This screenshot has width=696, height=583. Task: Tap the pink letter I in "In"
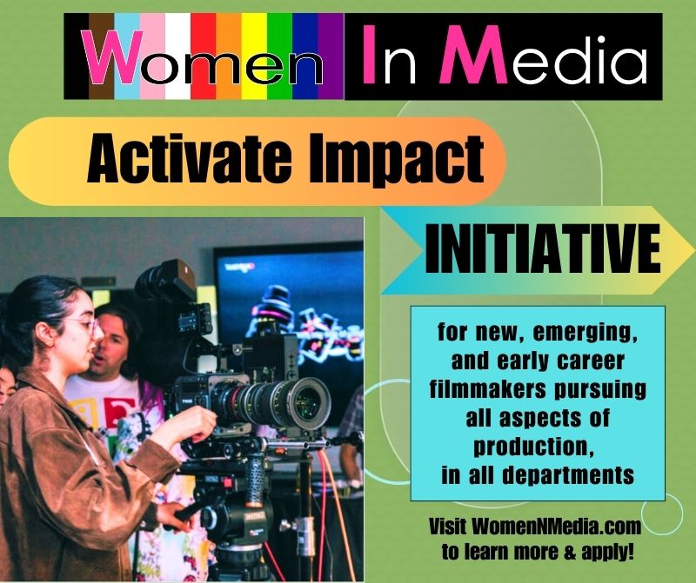[x=371, y=56]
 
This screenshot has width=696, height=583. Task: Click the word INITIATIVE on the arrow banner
[x=542, y=250]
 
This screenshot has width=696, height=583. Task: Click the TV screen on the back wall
[x=287, y=295]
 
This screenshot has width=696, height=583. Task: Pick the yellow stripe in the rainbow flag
[x=254, y=56]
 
